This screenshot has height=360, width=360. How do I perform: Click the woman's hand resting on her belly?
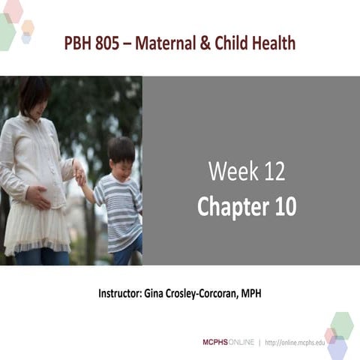tap(37, 198)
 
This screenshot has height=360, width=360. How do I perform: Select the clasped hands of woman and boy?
tap(79, 175)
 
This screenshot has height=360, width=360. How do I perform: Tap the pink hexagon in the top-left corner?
tap(13, 10)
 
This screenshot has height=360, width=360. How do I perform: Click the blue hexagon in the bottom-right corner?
tap(337, 349)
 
